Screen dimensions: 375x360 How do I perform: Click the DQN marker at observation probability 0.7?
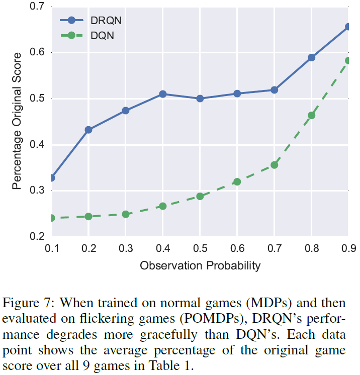tap(274, 165)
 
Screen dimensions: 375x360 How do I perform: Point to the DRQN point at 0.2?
tap(88, 130)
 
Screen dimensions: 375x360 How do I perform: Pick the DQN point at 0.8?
tap(311, 115)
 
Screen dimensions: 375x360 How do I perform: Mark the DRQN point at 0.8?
tap(311, 58)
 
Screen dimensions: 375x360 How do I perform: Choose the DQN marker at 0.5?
tap(200, 196)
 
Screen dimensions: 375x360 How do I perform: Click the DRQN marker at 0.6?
tap(237, 93)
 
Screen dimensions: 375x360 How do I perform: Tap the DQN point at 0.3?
tap(126, 214)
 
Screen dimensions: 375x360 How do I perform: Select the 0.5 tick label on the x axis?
tap(200, 249)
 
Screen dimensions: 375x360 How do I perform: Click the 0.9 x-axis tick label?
tap(348, 249)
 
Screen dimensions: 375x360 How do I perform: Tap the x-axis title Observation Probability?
tap(200, 265)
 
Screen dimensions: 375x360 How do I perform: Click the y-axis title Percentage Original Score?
tap(17, 121)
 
